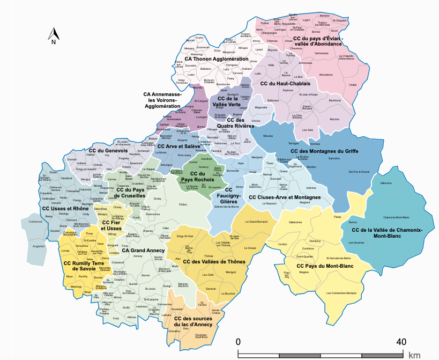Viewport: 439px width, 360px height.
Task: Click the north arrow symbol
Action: click(54, 37)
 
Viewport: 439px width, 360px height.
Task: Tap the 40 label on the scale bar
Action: click(400, 342)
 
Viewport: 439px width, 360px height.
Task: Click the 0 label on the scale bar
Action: click(239, 342)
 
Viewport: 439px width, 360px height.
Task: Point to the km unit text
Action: click(414, 355)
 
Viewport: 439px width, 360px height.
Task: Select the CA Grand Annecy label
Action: click(144, 250)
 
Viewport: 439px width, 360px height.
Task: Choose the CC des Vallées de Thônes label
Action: click(214, 261)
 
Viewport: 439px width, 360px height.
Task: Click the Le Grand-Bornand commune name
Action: click(256, 222)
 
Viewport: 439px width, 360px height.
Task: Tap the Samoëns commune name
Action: click(334, 159)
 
